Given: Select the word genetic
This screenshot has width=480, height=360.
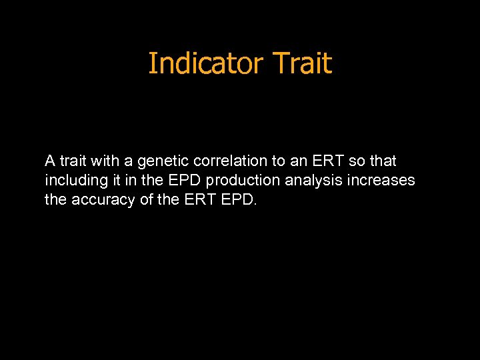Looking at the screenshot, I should click(163, 161).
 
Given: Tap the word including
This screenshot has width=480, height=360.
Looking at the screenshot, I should click(73, 181).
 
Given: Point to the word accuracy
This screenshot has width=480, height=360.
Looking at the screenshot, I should click(97, 200).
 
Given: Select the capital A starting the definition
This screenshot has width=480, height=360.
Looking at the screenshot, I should click(50, 161).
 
